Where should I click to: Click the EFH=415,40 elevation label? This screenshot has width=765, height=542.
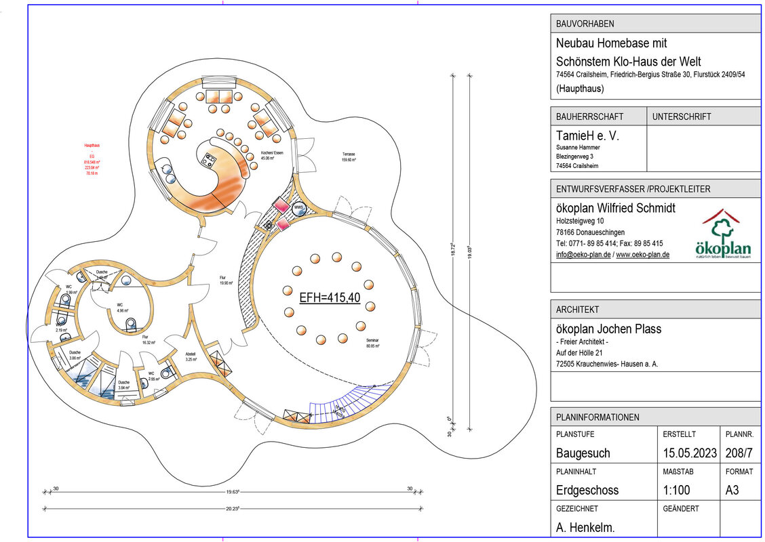(330, 297)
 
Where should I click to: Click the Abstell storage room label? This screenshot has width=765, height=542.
(191, 356)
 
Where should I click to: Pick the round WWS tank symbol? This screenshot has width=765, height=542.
(298, 207)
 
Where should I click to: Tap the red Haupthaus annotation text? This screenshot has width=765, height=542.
(92, 160)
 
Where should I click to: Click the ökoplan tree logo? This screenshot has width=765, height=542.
(723, 234)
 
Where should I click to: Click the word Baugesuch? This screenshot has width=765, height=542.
(583, 453)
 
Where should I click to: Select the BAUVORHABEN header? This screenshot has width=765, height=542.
(585, 24)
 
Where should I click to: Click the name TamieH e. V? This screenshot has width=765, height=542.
(587, 135)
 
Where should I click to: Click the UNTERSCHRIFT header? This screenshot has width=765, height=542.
(682, 117)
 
